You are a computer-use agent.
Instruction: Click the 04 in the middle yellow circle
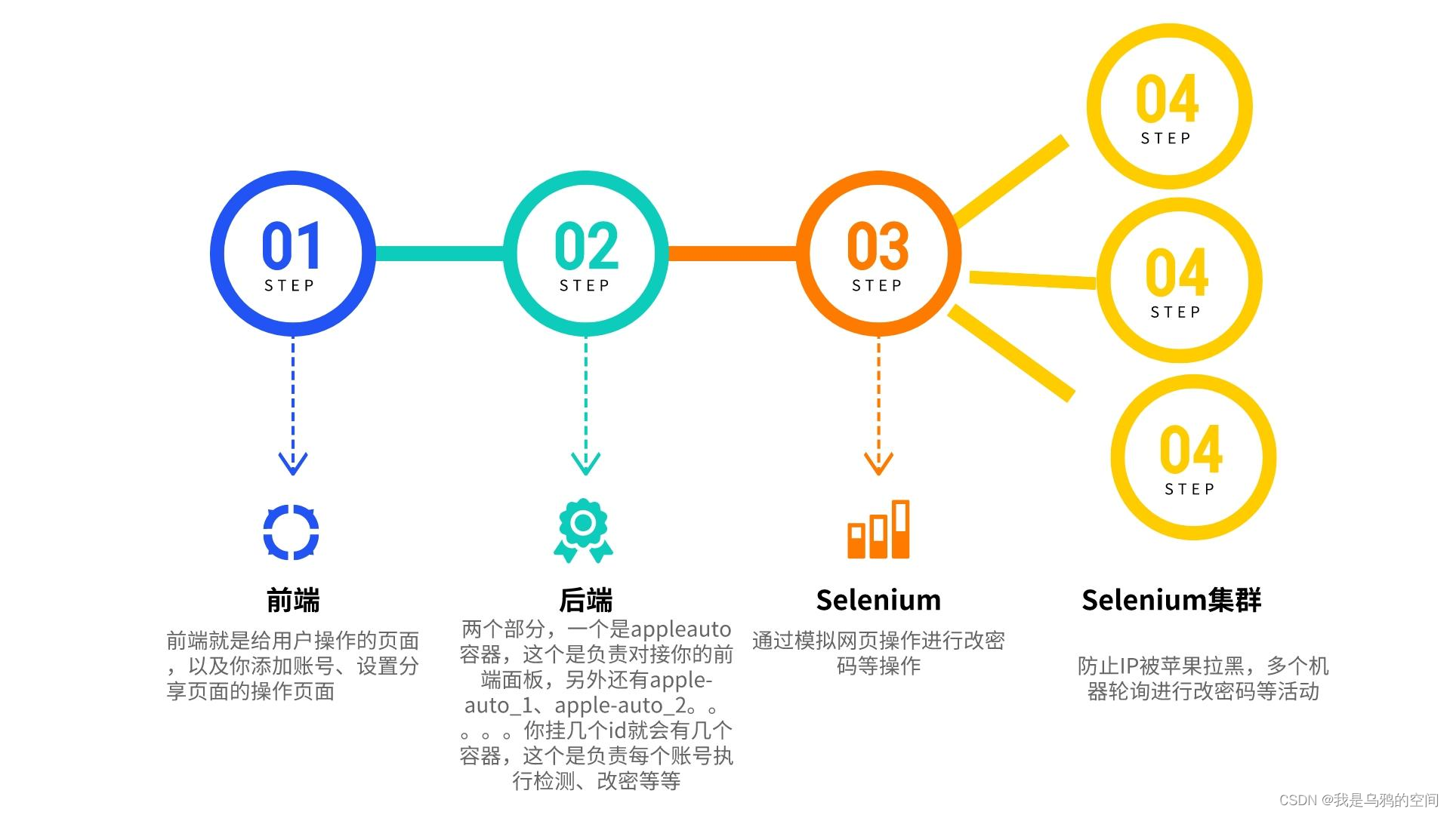1177,272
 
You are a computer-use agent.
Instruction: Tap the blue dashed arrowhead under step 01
293,463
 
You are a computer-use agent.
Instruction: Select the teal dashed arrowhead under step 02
586,463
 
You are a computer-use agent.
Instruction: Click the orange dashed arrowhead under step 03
878,463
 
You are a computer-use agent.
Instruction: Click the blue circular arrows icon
292,532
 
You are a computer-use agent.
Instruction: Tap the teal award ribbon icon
583,530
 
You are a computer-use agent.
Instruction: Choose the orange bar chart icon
878,530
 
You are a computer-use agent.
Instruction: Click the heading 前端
293,600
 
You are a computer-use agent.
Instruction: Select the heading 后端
586,600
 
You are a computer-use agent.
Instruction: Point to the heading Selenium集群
1171,600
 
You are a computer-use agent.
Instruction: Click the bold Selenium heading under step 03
878,600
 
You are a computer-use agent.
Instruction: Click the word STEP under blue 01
289,286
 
